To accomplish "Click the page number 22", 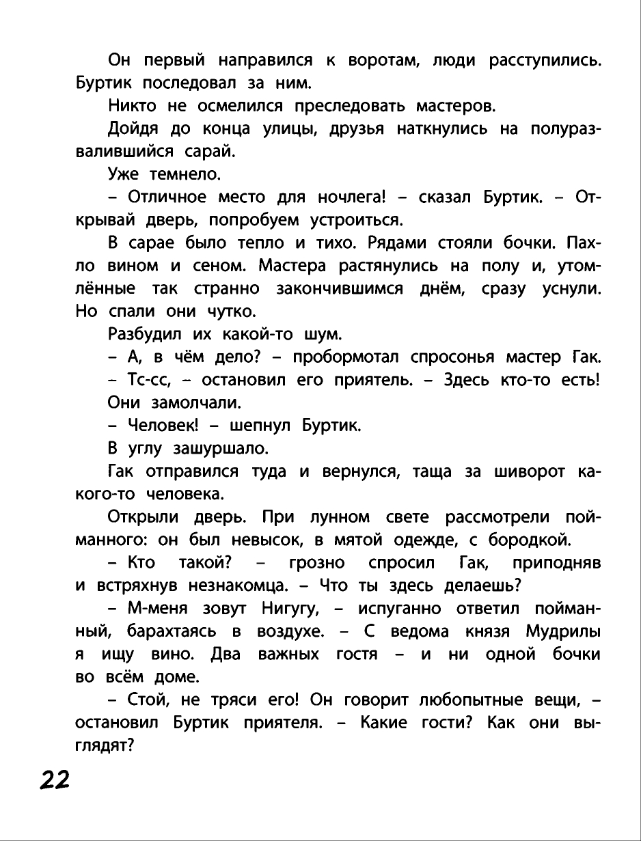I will [55, 779].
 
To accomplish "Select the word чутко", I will [230, 312].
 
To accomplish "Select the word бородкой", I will [530, 540].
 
